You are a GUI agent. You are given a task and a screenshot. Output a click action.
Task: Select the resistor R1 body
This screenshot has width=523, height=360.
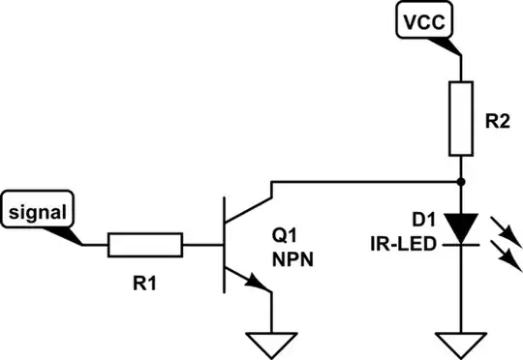point(145,245)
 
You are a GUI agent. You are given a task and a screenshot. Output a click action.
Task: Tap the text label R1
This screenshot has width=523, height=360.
point(142,285)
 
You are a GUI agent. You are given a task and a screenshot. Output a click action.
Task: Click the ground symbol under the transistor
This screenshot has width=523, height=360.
point(272,343)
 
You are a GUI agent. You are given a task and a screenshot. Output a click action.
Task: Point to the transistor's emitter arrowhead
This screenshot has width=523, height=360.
point(257,283)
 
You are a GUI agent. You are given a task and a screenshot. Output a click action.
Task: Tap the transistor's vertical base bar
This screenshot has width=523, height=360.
point(226,245)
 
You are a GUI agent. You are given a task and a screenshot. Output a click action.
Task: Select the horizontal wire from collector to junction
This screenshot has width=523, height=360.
point(368,181)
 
